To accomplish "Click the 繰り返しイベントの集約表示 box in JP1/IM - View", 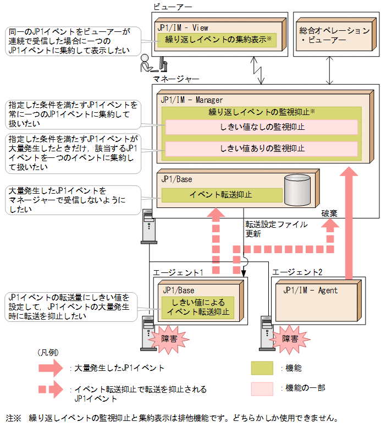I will click(x=215, y=40).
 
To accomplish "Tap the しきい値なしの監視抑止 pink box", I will click(x=262, y=128).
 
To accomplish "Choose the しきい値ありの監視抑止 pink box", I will click(x=262, y=149).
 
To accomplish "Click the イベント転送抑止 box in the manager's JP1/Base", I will click(x=222, y=195).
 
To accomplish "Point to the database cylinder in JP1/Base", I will click(x=297, y=189).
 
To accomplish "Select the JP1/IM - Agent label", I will click(x=310, y=290).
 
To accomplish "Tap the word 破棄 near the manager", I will click(x=331, y=213).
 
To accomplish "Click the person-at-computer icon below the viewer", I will click(x=154, y=64).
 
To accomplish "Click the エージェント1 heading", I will click(x=178, y=272).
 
